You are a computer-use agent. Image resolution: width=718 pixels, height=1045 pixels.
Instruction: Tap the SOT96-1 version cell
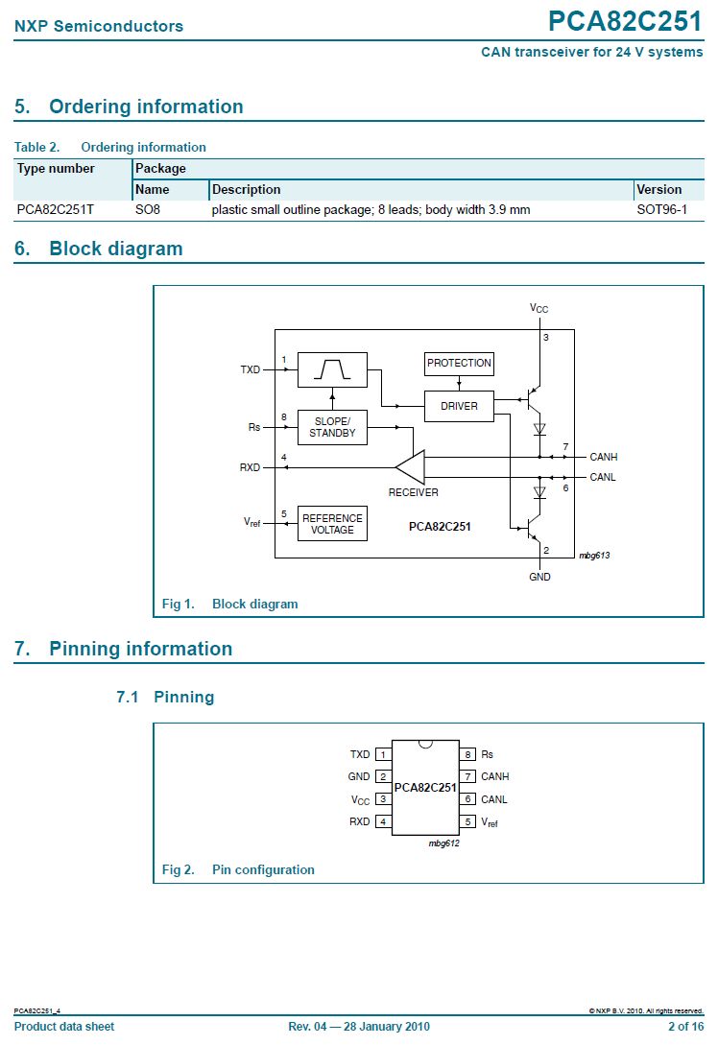[x=661, y=209]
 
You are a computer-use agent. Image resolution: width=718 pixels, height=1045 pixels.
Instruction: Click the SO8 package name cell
[x=147, y=209]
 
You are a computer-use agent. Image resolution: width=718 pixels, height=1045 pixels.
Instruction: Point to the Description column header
[x=246, y=189]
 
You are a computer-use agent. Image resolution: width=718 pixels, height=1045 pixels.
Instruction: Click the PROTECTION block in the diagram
[x=459, y=364]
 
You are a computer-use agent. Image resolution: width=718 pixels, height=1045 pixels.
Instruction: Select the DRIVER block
[x=459, y=406]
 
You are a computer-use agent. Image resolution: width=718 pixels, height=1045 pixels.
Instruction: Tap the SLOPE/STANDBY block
[x=332, y=428]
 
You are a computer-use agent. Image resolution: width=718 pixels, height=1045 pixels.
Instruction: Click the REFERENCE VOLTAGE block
[x=332, y=524]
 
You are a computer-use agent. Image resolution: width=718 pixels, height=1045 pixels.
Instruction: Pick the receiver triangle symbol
[x=411, y=467]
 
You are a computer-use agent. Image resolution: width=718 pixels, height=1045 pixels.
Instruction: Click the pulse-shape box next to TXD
[x=332, y=369]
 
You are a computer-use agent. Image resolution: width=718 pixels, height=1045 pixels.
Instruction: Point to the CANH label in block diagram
[x=603, y=458]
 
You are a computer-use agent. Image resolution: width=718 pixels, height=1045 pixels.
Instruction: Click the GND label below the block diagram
[x=539, y=577]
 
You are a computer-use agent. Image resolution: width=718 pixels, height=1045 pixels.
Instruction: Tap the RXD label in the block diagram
[x=250, y=468]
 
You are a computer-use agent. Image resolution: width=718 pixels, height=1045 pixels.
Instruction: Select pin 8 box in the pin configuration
[x=467, y=755]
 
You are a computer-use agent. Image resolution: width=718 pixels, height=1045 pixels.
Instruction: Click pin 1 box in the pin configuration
[x=383, y=755]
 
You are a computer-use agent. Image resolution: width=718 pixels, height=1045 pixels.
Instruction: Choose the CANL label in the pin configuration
[x=494, y=799]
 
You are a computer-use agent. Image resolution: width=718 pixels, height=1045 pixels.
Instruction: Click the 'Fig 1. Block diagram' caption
[x=229, y=604]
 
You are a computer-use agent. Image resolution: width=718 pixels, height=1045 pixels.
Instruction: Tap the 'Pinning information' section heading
[x=140, y=649]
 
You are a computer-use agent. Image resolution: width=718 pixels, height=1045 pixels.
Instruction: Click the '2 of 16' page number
[x=685, y=1027]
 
